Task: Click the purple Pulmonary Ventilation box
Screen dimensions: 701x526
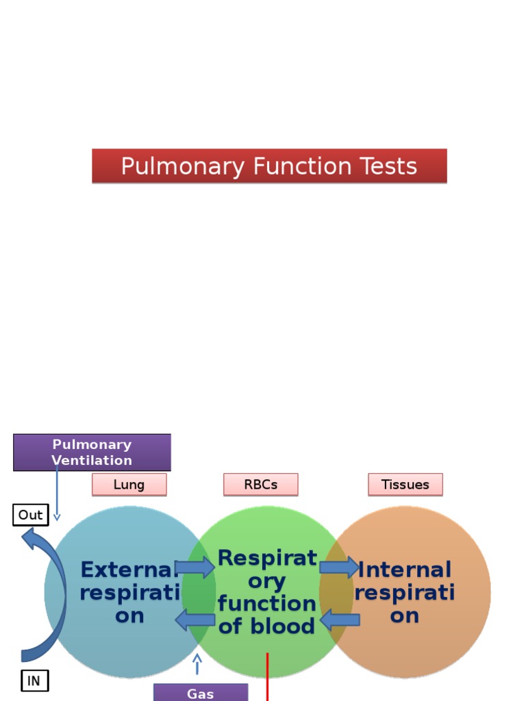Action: pyautogui.click(x=92, y=453)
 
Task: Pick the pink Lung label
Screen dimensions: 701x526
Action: pyautogui.click(x=129, y=485)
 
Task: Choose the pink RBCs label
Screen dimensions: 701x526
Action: pyautogui.click(x=260, y=485)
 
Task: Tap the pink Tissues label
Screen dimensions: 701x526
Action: pyautogui.click(x=405, y=485)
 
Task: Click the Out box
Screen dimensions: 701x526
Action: pyautogui.click(x=30, y=515)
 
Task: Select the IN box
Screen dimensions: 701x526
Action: pyautogui.click(x=34, y=681)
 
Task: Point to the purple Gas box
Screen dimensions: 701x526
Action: pyautogui.click(x=200, y=693)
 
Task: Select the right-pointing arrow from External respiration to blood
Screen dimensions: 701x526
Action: pyautogui.click(x=195, y=568)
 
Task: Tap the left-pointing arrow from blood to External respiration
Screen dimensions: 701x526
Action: pyautogui.click(x=195, y=620)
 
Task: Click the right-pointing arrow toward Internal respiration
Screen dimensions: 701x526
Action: pyautogui.click(x=339, y=568)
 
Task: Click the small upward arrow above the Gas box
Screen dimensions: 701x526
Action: pyautogui.click(x=197, y=663)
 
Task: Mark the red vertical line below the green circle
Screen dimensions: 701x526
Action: pyautogui.click(x=267, y=678)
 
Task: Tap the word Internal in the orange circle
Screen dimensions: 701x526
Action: pyautogui.click(x=405, y=570)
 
